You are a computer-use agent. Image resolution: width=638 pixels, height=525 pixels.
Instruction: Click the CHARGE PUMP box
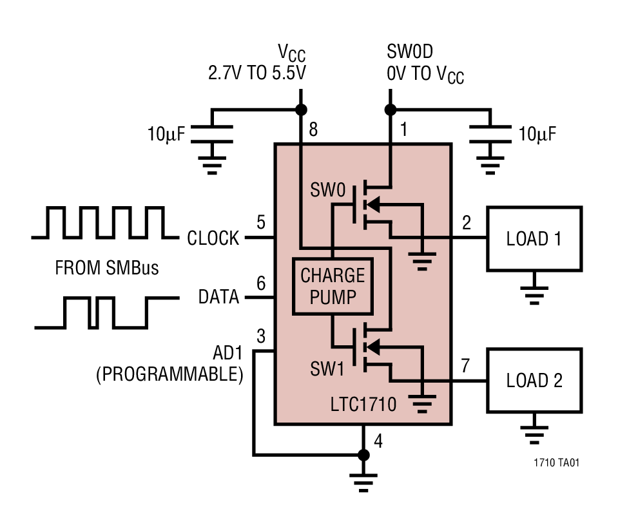pos(333,286)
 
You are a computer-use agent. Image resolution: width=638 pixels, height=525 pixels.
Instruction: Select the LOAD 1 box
pos(534,239)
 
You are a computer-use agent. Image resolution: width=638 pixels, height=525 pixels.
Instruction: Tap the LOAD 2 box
pos(534,380)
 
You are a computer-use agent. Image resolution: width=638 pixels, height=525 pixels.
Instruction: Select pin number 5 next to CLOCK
pos(260,223)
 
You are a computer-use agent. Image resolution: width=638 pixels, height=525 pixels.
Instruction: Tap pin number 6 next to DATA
pos(260,283)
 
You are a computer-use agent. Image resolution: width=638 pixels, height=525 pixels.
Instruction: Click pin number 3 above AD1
pos(260,336)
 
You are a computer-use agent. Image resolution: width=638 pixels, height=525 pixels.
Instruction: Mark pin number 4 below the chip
pos(378,442)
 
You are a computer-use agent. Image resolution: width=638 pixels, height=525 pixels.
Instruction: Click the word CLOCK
pos(213,238)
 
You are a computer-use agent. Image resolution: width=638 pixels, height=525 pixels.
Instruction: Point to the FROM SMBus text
pos(106,267)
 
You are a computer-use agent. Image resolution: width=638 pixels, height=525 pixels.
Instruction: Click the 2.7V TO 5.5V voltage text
pos(256,73)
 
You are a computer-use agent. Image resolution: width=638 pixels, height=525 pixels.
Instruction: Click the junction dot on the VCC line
pos(300,109)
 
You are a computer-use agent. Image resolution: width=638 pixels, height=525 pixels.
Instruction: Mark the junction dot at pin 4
pos(363,455)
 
